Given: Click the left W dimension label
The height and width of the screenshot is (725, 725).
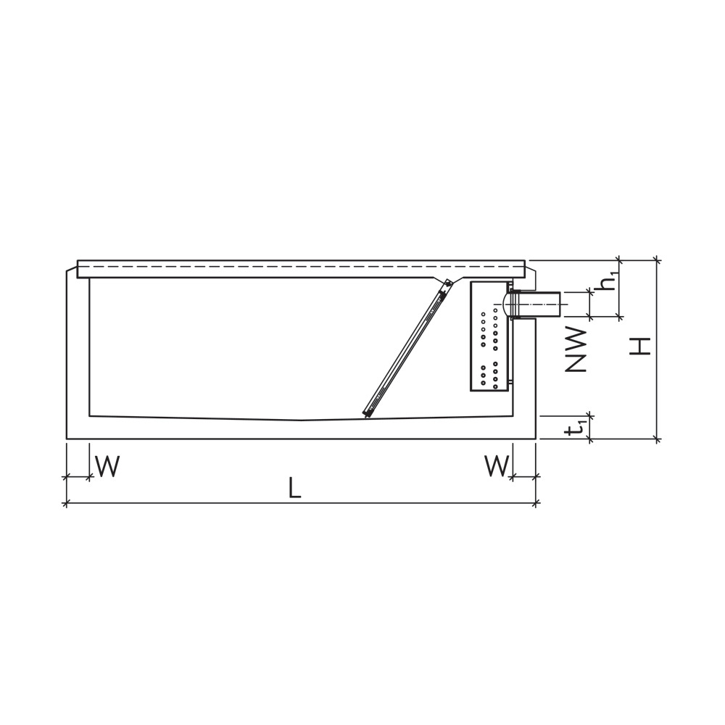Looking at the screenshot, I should pos(107,467).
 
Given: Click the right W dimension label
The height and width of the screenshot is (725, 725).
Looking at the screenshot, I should pos(497,467).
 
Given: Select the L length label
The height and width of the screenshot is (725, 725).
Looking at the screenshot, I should pos(294,489).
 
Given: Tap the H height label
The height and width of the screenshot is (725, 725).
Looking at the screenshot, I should pos(639,346).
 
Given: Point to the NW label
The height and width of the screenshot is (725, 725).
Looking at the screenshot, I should pos(576,349).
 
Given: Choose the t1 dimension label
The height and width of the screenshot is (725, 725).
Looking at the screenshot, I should pos(576,428).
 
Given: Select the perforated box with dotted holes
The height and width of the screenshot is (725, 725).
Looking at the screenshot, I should pos(489,336).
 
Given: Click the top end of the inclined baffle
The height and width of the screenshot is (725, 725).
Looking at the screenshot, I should pos(447,283).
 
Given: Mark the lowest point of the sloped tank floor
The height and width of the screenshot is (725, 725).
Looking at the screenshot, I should pos(301,420).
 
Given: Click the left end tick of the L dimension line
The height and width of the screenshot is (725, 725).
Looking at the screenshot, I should pos(67,503).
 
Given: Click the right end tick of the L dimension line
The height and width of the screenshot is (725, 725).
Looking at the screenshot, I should pos(536,503).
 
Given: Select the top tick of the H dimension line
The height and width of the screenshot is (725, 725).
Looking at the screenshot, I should pos(657,260).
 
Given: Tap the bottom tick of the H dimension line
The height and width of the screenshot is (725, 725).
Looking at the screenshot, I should pos(657,439).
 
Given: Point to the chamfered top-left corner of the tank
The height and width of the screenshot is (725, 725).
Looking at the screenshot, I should pos(72,269).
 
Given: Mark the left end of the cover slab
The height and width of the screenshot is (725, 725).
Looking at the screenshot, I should pos(79,268).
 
